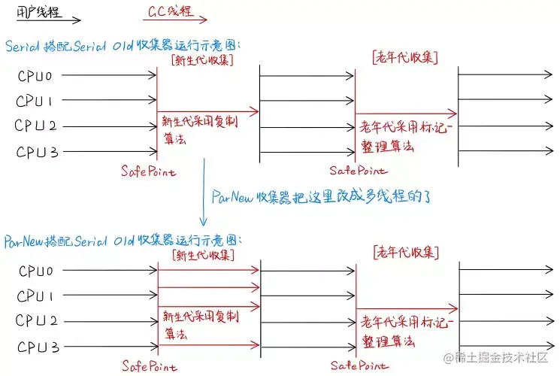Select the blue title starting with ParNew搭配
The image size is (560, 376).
click(x=125, y=241)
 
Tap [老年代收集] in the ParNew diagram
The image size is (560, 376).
click(x=405, y=252)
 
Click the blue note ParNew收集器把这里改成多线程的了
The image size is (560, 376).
click(x=325, y=197)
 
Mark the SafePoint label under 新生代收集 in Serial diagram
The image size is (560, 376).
click(x=149, y=171)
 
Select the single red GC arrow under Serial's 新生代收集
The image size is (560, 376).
click(x=207, y=111)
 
